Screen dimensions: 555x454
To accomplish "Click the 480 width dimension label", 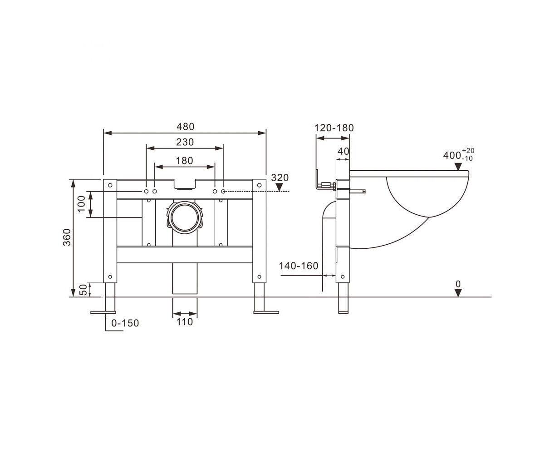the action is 185,127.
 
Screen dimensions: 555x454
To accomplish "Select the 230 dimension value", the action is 185,142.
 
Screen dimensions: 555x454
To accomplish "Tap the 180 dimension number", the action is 184,161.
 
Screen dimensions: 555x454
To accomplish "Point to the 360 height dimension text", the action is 67,237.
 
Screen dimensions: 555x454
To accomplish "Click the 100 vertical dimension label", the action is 82,204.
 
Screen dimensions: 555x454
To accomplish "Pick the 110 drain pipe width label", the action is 185,322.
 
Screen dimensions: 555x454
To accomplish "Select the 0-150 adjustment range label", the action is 125,323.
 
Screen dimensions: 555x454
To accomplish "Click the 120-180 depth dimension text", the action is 334,128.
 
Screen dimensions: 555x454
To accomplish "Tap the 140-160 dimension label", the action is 299,266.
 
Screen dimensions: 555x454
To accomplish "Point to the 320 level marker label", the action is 280,178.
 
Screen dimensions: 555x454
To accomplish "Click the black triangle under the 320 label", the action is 280,187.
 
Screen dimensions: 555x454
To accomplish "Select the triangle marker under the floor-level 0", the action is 458,293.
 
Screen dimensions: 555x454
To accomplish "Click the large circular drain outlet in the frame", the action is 185,217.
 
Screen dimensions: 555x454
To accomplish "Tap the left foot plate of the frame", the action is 103,312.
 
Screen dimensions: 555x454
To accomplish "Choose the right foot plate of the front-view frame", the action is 266,312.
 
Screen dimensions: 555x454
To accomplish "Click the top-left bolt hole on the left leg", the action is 110,185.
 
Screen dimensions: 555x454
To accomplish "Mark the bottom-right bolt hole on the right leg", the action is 259,277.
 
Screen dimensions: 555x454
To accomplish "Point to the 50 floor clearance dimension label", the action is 83,290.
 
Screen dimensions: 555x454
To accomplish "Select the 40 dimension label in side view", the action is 343,152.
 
